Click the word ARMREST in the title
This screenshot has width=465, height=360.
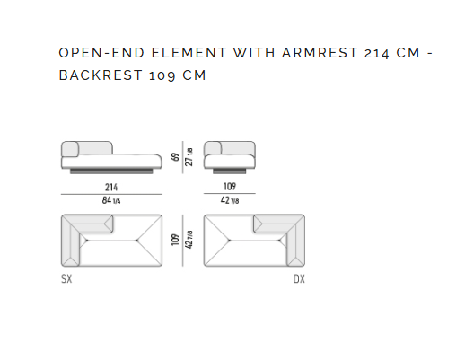pos(320,53)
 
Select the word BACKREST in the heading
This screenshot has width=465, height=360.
pos(101,75)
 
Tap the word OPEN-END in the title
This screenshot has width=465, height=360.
pos(101,53)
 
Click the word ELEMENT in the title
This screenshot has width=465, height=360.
pos(189,53)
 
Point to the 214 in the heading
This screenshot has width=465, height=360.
pos(377,54)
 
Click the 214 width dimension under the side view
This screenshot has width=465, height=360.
pos(111,188)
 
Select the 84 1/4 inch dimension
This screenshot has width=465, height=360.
pos(111,200)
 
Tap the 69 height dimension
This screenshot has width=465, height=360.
pos(175,157)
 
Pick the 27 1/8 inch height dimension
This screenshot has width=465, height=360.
pos(189,157)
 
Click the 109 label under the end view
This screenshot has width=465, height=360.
pos(230,187)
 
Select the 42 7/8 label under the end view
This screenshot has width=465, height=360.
pos(230,200)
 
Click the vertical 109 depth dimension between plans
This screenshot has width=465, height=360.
pos(175,240)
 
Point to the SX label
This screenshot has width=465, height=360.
pos(66,279)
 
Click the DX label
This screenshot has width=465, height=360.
pos(299,279)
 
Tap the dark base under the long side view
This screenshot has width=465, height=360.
pos(111,171)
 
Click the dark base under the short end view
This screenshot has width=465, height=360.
pos(230,171)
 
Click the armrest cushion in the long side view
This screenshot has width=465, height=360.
pos(70,149)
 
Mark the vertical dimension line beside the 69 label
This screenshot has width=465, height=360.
pos(182,157)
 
